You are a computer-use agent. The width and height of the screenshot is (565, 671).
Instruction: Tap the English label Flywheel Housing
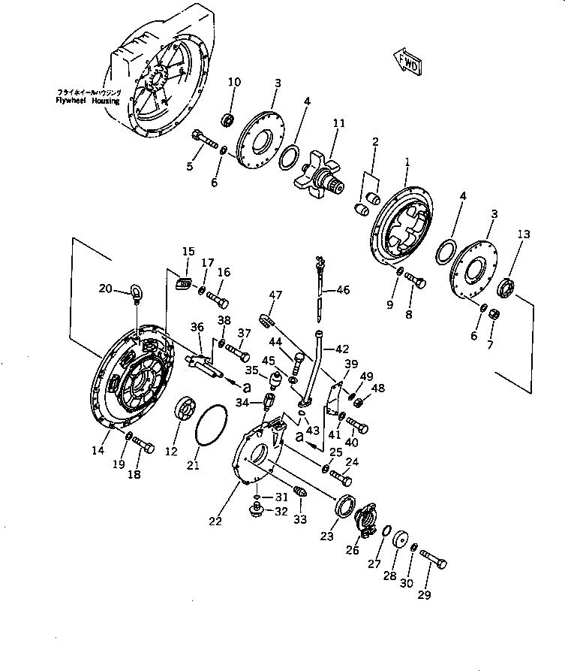(x=87, y=100)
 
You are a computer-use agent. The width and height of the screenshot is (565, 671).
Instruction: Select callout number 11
(x=338, y=122)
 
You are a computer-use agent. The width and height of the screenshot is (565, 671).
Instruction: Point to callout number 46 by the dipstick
(x=343, y=289)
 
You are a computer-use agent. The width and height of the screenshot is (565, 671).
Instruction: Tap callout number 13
(x=523, y=234)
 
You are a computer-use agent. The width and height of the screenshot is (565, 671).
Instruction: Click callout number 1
(x=407, y=161)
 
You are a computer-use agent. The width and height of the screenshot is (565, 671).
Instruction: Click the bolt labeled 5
(x=203, y=141)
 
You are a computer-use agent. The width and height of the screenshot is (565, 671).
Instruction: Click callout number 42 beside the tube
(x=342, y=349)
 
